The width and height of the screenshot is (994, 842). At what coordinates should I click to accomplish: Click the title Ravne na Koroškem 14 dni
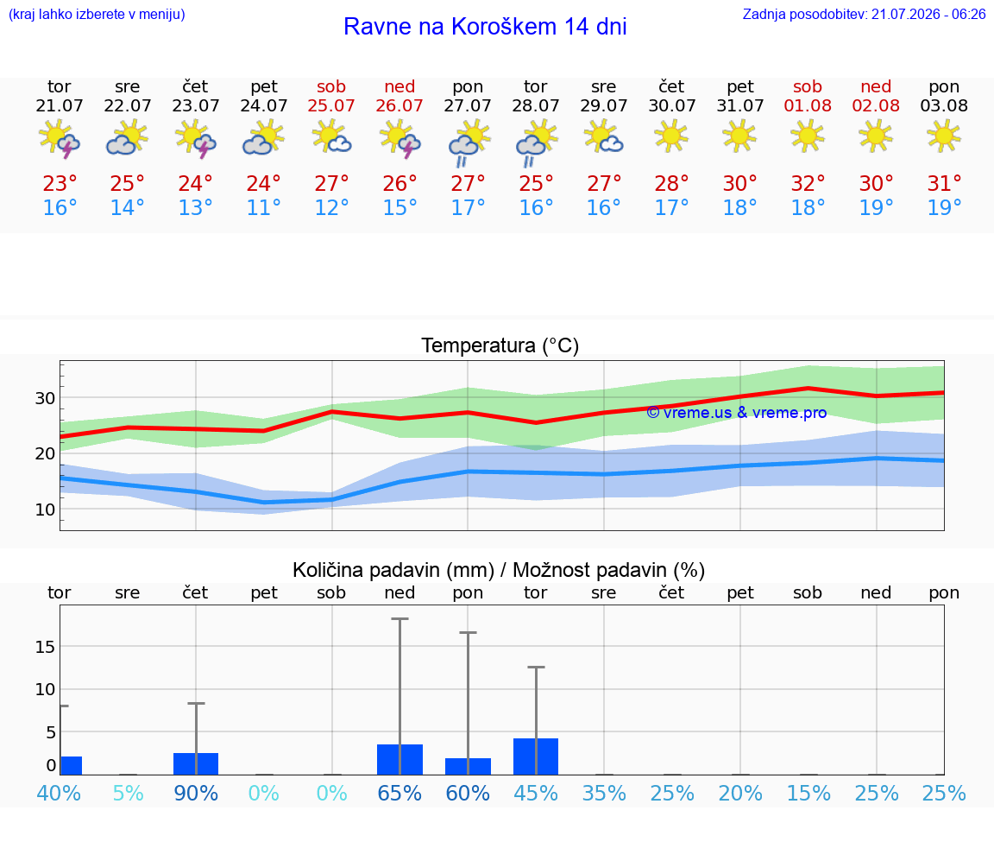point(485,27)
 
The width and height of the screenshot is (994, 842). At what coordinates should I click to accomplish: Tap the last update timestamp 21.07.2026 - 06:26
point(928,14)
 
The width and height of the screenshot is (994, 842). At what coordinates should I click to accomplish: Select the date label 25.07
point(331,105)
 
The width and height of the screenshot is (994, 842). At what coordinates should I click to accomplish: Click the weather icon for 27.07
point(469,142)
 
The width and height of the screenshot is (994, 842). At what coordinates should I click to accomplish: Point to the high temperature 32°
point(808,183)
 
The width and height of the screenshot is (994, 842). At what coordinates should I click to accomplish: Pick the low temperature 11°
point(263,207)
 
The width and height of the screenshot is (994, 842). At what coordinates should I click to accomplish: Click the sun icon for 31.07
point(739,136)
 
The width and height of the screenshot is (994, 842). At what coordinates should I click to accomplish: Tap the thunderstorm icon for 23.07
point(196,139)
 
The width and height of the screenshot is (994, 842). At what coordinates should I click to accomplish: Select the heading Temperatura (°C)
point(500,345)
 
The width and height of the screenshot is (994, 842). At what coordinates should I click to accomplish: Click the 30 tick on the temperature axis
point(45,398)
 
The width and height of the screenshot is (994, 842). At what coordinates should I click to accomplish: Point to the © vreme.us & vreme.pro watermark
point(737,413)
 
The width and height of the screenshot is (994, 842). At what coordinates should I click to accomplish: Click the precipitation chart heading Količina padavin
point(393,570)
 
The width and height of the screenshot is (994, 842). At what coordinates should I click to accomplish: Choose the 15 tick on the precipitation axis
point(45,647)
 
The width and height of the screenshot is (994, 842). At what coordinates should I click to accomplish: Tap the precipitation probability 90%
point(196,793)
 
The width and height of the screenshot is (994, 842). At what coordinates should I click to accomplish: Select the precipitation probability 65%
point(399,793)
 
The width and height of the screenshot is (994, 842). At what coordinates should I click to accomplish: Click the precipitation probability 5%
point(128,793)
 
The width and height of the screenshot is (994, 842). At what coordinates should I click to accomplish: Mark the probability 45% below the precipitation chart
point(536,793)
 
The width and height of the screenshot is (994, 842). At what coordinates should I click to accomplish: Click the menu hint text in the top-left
point(97,14)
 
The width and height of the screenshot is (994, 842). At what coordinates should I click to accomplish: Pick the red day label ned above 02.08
point(876,86)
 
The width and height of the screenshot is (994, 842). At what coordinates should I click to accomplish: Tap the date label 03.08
point(944,105)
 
